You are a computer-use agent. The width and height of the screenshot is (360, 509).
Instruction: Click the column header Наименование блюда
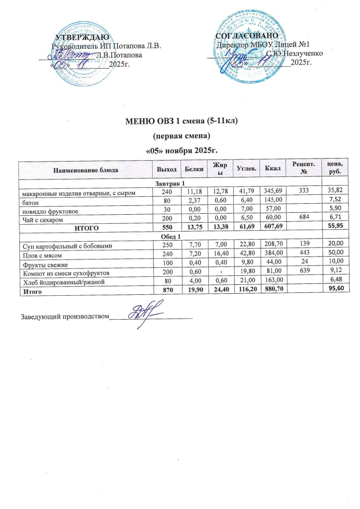[x=82, y=170]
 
